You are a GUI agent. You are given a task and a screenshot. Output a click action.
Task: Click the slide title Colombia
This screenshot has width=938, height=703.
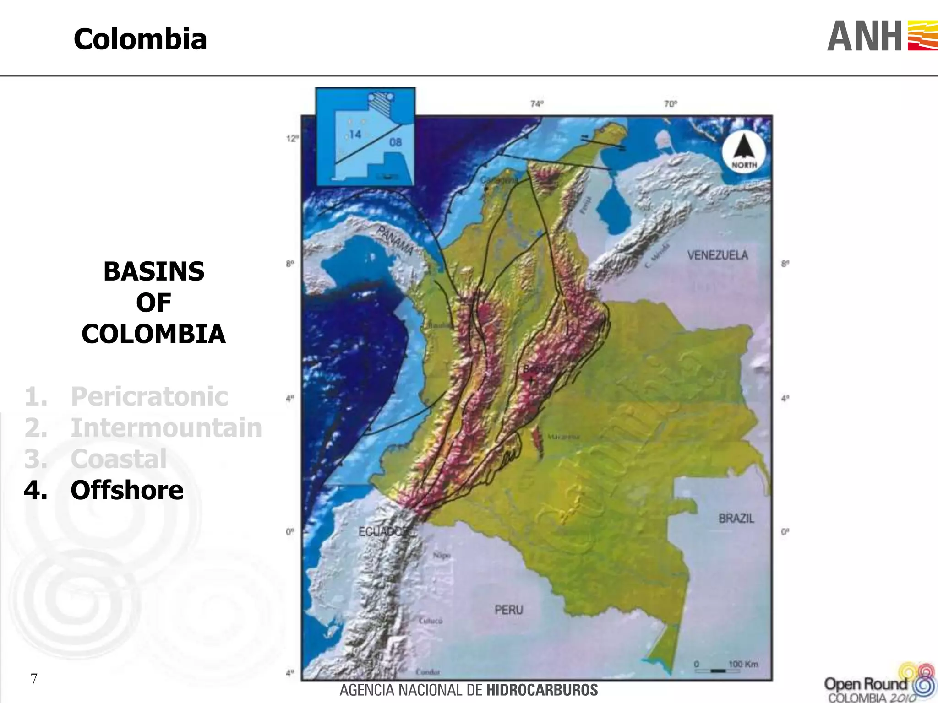140,39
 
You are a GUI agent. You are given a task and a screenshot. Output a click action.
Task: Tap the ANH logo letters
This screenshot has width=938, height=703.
865,37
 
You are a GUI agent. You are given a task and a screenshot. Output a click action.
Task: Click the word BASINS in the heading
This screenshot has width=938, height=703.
154,271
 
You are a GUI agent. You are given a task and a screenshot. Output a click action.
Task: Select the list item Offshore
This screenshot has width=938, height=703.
127,490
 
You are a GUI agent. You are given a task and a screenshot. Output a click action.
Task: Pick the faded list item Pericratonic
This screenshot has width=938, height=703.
149,396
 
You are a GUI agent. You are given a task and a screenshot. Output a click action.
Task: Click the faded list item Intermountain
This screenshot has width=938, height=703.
166,427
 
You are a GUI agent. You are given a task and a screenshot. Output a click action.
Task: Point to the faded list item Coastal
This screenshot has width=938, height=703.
118,459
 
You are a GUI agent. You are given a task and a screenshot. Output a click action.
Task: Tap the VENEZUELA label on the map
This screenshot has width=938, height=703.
717,255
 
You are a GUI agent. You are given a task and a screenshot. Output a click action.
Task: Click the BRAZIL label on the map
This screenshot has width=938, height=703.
736,518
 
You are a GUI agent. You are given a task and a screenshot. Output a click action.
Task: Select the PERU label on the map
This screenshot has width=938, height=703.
508,610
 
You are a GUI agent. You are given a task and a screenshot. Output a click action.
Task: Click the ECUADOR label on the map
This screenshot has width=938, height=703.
384,531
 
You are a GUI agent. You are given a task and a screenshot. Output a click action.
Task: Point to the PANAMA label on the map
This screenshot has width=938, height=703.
395,240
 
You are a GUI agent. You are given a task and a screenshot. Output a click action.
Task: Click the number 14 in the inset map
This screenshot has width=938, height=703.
355,134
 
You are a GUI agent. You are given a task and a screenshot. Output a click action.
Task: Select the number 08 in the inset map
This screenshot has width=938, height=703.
395,142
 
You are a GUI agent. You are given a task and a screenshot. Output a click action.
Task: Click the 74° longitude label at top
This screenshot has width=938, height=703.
537,104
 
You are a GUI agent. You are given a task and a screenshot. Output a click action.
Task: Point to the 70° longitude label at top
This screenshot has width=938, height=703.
670,104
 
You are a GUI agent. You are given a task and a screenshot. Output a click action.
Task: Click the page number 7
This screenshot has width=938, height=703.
34,678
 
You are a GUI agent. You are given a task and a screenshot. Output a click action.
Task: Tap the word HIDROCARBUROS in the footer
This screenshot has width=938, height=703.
542,690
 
